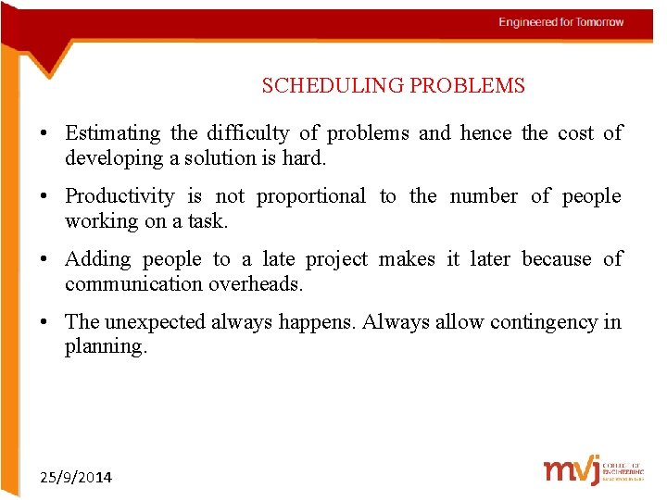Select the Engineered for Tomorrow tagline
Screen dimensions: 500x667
coord(561,22)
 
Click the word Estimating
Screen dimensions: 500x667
coord(112,133)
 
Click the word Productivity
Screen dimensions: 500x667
coord(120,196)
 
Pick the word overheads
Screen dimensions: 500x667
coord(255,284)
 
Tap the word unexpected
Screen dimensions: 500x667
coord(156,322)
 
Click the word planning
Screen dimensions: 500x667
coord(106,347)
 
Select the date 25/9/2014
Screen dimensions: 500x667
coord(76,478)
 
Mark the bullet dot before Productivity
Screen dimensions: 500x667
coord(44,197)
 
